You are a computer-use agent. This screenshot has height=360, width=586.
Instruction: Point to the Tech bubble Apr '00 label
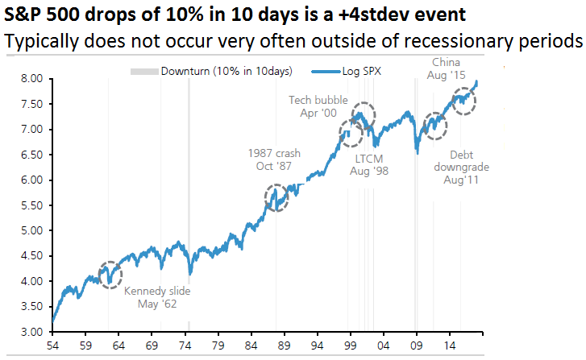click(x=318, y=106)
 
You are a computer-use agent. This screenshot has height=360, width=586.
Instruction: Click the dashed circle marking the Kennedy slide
click(x=111, y=275)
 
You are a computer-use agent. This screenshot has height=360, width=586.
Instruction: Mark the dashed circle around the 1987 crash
click(x=276, y=198)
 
